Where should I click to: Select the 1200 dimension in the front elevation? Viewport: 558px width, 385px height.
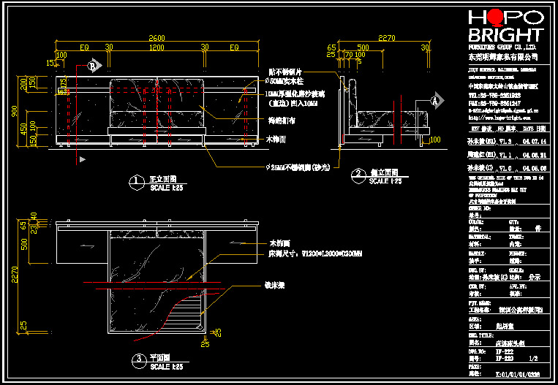click(x=157, y=47)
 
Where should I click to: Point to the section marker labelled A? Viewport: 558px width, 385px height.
click(x=434, y=99)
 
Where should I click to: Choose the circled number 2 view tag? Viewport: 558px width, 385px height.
click(x=358, y=175)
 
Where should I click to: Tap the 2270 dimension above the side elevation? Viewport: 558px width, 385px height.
click(x=386, y=37)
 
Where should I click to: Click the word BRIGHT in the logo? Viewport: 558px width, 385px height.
click(x=502, y=36)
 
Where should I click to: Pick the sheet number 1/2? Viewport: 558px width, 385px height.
click(x=532, y=359)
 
